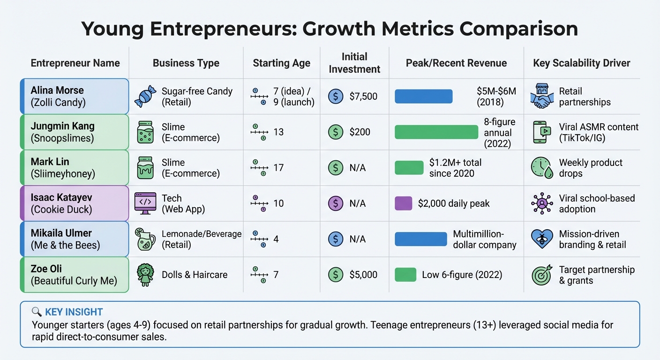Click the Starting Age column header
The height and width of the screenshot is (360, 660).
[x=281, y=63]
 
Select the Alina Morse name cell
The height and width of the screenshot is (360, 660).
[x=75, y=96]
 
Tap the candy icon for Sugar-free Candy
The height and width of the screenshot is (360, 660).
[x=145, y=97]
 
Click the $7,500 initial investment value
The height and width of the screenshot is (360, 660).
[x=363, y=97]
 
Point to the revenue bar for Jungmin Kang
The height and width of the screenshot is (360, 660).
[x=436, y=132]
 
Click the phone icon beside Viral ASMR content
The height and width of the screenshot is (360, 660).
[x=542, y=132]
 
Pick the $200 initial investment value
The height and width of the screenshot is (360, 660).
[x=360, y=132]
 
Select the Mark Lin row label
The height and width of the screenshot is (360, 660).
[x=75, y=168]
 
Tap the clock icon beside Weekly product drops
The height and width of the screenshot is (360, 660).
[x=542, y=168]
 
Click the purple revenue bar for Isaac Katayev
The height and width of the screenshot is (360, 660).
[x=403, y=203]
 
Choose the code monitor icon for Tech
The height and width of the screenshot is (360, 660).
[x=145, y=203]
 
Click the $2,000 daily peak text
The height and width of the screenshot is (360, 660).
[x=453, y=203]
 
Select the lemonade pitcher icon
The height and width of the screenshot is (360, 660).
[x=145, y=239]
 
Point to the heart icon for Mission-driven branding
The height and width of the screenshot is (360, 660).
[x=542, y=239]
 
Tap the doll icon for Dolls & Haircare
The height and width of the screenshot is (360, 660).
[x=145, y=275]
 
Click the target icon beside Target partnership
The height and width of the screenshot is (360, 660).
[x=542, y=275]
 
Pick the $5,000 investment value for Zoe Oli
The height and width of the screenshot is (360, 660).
[x=363, y=275]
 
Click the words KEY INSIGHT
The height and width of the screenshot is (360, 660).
[x=74, y=312]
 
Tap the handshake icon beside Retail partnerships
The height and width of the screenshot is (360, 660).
[x=542, y=97]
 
